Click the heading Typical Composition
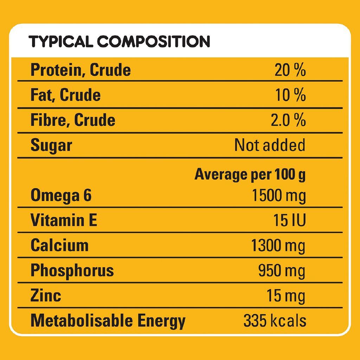coord(120,41)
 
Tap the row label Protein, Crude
coord(81,70)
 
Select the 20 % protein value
coord(290,70)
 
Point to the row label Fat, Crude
coord(65,95)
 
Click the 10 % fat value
coord(290,95)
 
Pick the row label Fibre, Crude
coord(73,120)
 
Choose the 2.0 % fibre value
coord(288,120)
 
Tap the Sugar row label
coord(51,145)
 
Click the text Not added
coord(270,145)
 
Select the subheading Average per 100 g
coord(250,174)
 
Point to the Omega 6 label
coord(61,195)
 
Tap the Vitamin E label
coord(64,220)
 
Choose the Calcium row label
coord(59,245)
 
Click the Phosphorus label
coord(72,270)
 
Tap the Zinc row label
coord(46,295)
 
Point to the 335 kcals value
coord(275,321)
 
